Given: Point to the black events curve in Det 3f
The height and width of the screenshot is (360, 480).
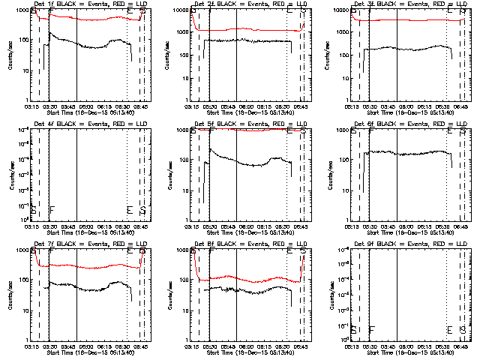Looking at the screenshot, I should (x=405, y=48).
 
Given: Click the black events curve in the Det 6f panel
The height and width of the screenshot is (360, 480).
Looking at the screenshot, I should (x=405, y=153).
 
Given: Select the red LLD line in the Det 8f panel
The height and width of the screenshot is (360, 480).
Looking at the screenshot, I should (x=247, y=278).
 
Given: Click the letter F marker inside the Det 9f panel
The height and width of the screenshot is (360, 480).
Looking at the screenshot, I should (x=371, y=329).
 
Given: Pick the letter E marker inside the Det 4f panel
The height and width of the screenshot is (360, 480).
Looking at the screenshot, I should (x=130, y=209).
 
